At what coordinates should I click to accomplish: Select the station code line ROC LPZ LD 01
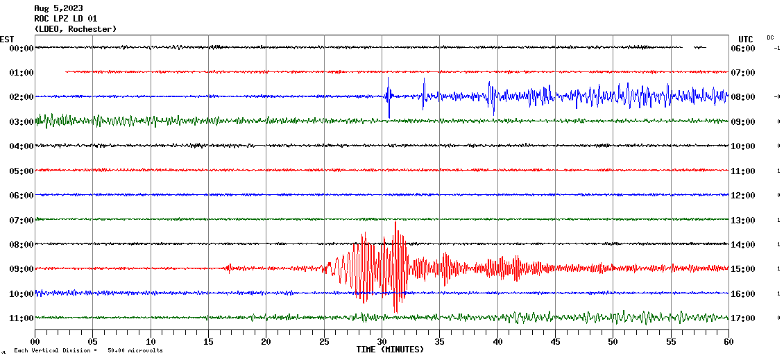(x=66, y=19)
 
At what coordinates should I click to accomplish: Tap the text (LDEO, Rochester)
(x=75, y=29)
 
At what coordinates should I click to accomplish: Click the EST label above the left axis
(x=7, y=39)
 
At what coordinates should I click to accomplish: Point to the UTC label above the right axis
(x=746, y=39)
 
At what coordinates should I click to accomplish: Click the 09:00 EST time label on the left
(x=22, y=269)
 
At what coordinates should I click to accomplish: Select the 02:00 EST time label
(x=22, y=97)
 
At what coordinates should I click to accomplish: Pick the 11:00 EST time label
(x=22, y=318)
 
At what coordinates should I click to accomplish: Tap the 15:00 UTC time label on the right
(x=742, y=269)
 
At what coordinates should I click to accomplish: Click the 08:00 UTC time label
(x=742, y=97)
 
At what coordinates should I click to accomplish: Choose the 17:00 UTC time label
(x=742, y=318)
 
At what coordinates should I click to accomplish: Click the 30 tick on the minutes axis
(x=382, y=341)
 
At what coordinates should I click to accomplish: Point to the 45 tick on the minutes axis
(x=555, y=341)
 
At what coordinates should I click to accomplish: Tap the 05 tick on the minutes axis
(x=93, y=341)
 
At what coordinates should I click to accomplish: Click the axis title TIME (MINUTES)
(x=390, y=350)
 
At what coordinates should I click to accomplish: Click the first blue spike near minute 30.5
(x=389, y=90)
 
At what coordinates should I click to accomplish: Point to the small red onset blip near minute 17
(x=230, y=268)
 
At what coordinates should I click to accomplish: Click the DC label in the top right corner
(x=770, y=37)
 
